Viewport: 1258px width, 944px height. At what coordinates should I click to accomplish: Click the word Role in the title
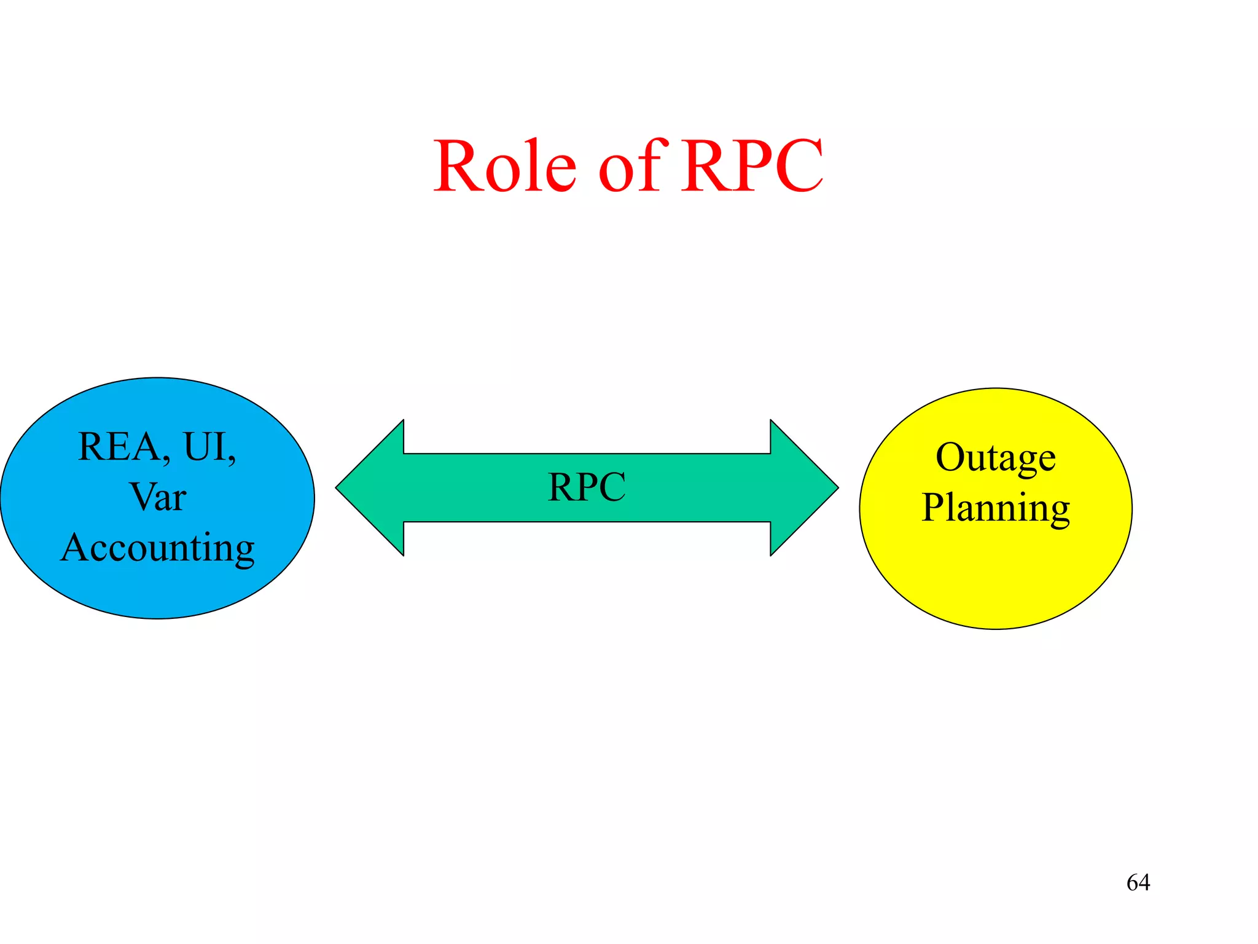(x=505, y=166)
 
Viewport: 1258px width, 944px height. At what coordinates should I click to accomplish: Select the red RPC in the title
(x=753, y=166)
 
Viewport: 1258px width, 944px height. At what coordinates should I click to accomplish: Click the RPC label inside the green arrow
(x=587, y=487)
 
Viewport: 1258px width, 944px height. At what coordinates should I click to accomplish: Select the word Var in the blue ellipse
(x=158, y=497)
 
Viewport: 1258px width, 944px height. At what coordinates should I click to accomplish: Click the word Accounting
(x=158, y=548)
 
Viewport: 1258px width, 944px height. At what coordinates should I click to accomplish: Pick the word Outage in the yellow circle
(x=996, y=458)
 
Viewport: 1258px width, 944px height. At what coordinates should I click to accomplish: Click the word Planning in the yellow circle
(x=996, y=509)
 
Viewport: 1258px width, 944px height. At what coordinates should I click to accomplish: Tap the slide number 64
(x=1138, y=883)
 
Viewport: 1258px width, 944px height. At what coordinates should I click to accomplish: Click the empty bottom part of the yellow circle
(x=996, y=584)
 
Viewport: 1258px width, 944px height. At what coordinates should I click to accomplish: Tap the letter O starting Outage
(x=951, y=457)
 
